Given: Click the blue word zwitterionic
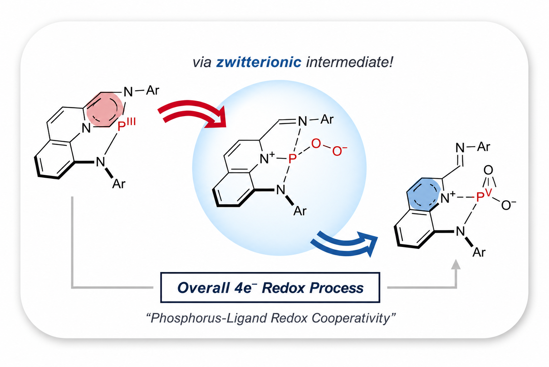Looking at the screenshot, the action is pyautogui.click(x=259, y=62).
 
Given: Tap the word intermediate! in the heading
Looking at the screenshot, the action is pyautogui.click(x=350, y=62).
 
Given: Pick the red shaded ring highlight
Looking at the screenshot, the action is pyautogui.click(x=105, y=109).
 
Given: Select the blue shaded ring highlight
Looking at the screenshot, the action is pyautogui.click(x=424, y=194).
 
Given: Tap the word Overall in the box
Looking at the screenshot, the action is pyautogui.click(x=203, y=288).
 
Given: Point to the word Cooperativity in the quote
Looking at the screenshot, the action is pyautogui.click(x=351, y=318).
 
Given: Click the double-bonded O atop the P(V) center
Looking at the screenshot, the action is pyautogui.click(x=488, y=170).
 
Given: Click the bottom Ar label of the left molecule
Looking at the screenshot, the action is pyautogui.click(x=119, y=184).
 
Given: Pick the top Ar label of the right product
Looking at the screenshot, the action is pyautogui.click(x=484, y=147).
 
